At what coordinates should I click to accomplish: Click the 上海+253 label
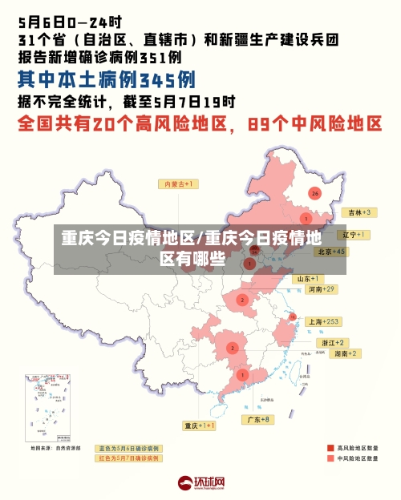coord(324,321)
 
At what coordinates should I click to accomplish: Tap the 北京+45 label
coord(331,252)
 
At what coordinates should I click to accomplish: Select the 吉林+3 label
coord(357,212)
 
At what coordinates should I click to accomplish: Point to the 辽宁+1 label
coord(353,235)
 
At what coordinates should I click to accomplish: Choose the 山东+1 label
coord(309,279)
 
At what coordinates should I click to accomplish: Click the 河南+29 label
coord(322,288)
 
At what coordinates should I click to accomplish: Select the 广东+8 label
coord(257,419)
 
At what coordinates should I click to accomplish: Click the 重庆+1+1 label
coord(199,425)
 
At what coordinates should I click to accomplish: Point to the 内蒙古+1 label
coord(180,184)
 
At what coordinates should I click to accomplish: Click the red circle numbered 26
coord(315,194)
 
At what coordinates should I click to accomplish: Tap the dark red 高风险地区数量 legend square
coord(330,448)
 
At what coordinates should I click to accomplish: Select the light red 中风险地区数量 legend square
coord(330,459)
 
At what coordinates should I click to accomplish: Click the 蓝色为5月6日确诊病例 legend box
coord(128,448)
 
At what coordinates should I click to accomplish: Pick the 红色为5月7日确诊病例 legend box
coord(128,458)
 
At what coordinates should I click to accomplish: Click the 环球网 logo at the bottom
coord(200,483)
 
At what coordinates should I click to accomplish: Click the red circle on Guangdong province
coord(242,375)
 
